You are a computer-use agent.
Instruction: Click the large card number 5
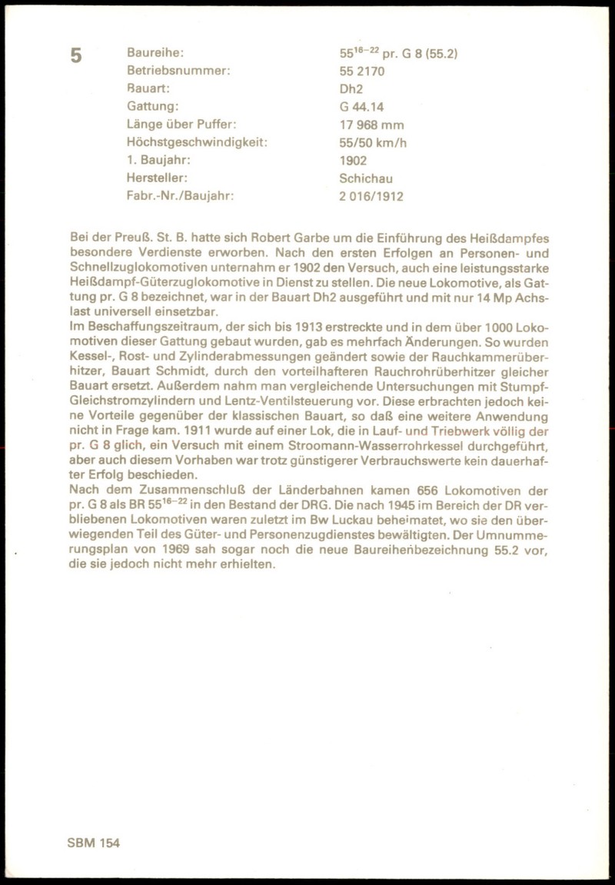pyautogui.click(x=76, y=55)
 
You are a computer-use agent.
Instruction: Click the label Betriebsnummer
pyautogui.click(x=178, y=72)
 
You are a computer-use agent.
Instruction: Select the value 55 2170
pyautogui.click(x=362, y=72)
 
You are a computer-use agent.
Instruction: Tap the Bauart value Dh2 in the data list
pyautogui.click(x=351, y=89)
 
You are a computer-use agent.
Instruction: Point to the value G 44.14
pyautogui.click(x=361, y=107)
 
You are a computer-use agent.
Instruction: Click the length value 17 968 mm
pyautogui.click(x=371, y=125)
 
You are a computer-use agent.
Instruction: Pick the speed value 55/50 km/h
pyautogui.click(x=373, y=142)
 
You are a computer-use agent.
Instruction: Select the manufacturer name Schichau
pyautogui.click(x=366, y=178)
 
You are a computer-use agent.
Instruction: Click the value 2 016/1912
pyautogui.click(x=371, y=196)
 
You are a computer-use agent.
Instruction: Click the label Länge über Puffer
pyautogui.click(x=181, y=125)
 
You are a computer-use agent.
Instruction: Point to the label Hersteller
pyautogui.click(x=158, y=178)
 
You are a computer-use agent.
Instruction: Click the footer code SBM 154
pyautogui.click(x=94, y=843)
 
